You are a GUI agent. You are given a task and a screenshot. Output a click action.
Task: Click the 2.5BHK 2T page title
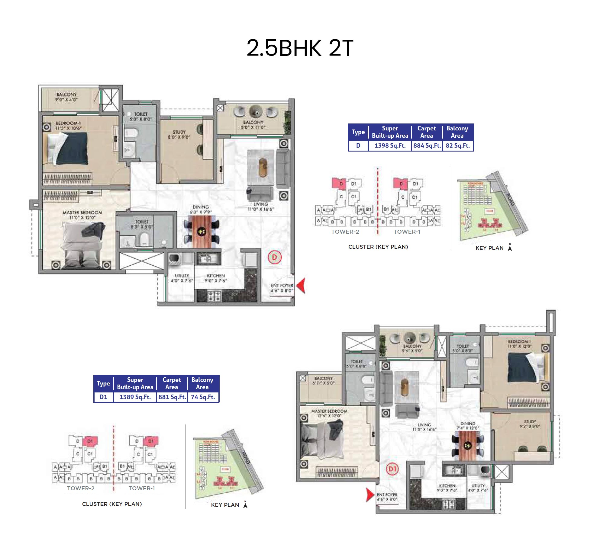click(x=300, y=48)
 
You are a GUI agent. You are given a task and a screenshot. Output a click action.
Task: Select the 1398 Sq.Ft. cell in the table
click(x=390, y=146)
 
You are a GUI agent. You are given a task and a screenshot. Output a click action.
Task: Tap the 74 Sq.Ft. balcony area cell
click(x=203, y=397)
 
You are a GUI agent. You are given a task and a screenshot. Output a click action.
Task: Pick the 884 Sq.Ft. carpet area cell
click(x=427, y=146)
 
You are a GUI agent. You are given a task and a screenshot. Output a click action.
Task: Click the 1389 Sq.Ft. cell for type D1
click(x=135, y=397)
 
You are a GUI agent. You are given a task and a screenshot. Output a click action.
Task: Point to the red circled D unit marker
click(x=275, y=257)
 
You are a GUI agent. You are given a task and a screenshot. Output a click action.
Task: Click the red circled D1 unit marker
click(x=392, y=469)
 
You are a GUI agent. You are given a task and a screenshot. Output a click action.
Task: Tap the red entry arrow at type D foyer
click(x=301, y=285)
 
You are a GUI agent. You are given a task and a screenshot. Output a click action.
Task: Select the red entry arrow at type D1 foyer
click(x=370, y=494)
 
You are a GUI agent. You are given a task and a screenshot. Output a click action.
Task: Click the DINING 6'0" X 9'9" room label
click(x=201, y=209)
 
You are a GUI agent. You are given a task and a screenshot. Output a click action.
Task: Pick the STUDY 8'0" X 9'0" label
click(x=179, y=134)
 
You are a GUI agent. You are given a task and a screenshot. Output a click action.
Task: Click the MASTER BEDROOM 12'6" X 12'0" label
click(x=329, y=413)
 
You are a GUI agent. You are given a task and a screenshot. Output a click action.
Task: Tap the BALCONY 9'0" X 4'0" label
click(x=66, y=97)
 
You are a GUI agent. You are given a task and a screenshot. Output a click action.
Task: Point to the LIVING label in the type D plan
click(x=260, y=204)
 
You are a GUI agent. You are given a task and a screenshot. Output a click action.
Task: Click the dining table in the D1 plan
click(x=467, y=445)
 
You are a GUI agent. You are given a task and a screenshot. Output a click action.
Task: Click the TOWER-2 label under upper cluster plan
click(x=345, y=232)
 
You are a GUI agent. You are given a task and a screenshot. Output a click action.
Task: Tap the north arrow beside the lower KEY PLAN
click(x=245, y=504)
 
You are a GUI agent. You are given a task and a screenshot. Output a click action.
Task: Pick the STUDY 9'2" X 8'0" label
click(x=530, y=424)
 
